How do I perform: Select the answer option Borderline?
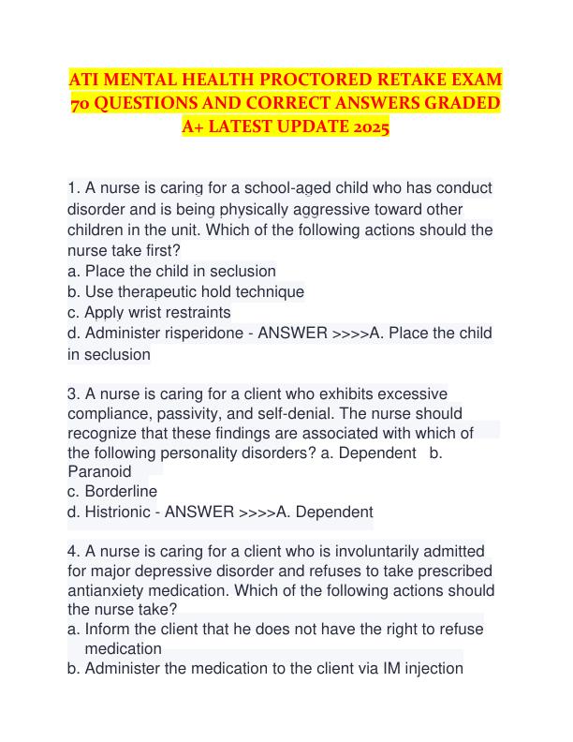(x=120, y=491)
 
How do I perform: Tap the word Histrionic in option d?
(x=120, y=512)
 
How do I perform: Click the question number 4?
(x=73, y=552)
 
